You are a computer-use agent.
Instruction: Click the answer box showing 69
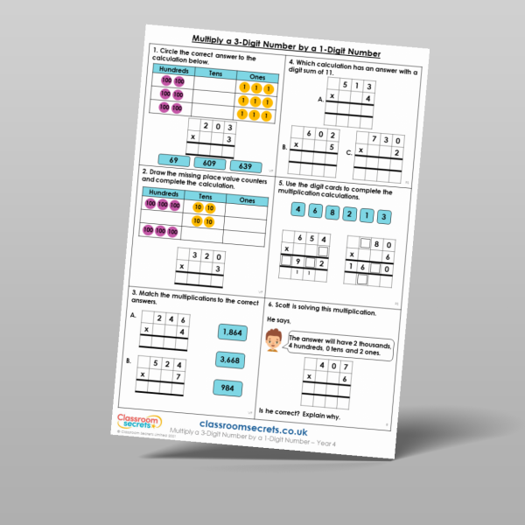pos(174,162)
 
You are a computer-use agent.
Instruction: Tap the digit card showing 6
pos(313,211)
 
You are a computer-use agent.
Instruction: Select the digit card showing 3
pos(384,217)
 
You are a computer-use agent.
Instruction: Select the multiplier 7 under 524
pos(180,374)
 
